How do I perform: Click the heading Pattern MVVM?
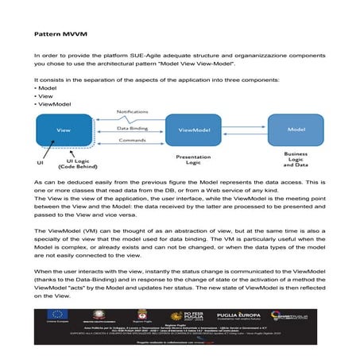coord(57,36)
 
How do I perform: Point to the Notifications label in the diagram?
coord(132,111)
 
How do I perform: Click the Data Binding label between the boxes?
coord(132,126)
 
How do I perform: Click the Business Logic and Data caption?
coord(296,162)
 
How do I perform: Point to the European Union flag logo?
coord(59,313)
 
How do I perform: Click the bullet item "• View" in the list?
coord(46,95)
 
